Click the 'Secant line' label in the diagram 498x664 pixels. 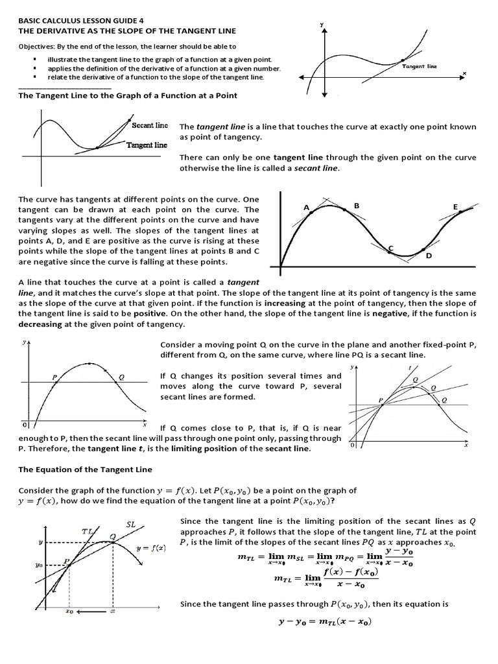tap(150, 125)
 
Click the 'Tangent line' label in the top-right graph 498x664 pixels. tap(420, 66)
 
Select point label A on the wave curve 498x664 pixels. tap(306, 207)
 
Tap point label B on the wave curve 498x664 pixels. tap(356, 206)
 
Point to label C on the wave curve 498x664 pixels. tap(391, 248)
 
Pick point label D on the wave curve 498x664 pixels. tap(429, 256)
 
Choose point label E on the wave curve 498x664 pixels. tap(455, 207)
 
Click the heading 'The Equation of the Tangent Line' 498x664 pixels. tap(85, 469)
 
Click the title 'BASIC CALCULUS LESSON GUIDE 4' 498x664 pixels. tap(81, 20)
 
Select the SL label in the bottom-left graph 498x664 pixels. tap(130, 524)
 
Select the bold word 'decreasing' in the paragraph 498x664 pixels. tap(43, 324)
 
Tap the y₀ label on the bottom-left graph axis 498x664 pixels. tap(39, 565)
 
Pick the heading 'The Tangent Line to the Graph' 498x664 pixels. tap(127, 95)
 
